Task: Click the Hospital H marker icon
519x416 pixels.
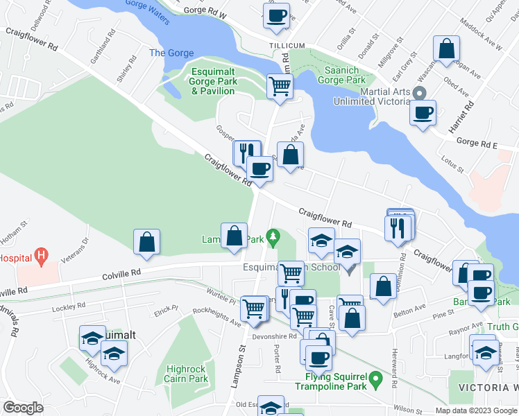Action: [x=42, y=257]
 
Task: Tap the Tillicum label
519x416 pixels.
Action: [x=287, y=45]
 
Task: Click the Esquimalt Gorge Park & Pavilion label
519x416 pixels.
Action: [x=214, y=82]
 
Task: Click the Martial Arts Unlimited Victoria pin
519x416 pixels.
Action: [x=418, y=93]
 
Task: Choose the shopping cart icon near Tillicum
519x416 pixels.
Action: [x=280, y=87]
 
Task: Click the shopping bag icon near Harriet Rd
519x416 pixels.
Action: [x=447, y=49]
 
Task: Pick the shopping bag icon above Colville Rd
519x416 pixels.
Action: [x=146, y=242]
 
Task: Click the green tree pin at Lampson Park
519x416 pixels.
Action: [x=274, y=237]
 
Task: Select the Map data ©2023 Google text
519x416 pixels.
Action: [x=476, y=410]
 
